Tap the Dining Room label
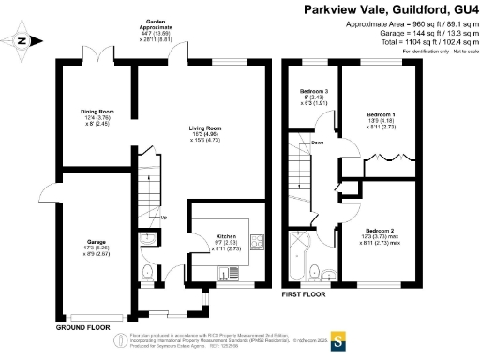[x=97, y=111]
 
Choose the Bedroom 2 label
[x=379, y=230]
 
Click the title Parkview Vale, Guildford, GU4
[x=386, y=9]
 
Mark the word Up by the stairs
[x=165, y=219]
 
